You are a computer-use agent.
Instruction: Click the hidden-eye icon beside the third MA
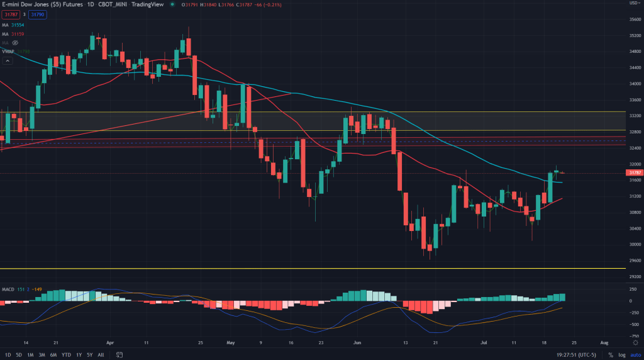pyautogui.click(x=15, y=42)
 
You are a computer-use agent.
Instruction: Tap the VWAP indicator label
pyautogui.click(x=8, y=51)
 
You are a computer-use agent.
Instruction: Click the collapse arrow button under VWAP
pyautogui.click(x=8, y=61)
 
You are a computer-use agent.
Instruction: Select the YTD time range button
pyautogui.click(x=66, y=355)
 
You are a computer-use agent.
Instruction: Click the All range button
pyautogui.click(x=101, y=355)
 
